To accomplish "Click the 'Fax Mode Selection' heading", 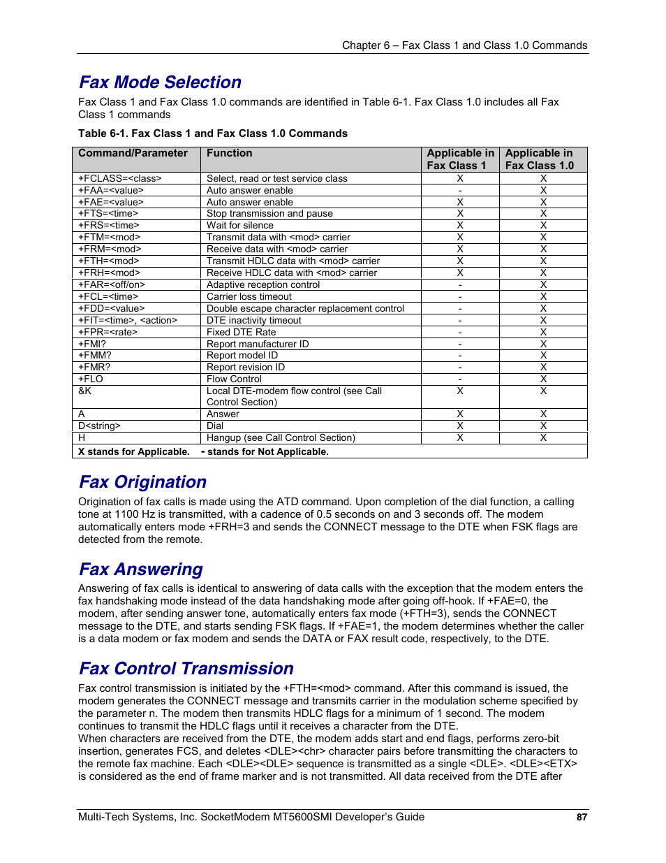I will (160, 82).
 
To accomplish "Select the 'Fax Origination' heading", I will (142, 482).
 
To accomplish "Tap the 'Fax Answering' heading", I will (140, 570).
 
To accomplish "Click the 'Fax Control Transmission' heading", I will (186, 669).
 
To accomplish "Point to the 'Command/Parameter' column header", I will (133, 153).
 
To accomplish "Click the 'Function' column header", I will (229, 153).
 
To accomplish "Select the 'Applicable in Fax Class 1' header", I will (460, 159).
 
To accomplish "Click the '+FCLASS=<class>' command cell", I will (119, 178).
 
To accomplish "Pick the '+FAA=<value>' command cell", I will (110, 190).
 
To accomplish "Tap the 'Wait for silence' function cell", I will (239, 225).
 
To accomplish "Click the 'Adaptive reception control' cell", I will (263, 284).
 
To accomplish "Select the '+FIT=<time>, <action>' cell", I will (127, 320).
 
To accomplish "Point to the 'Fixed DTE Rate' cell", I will (241, 332).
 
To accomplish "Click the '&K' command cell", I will (84, 391).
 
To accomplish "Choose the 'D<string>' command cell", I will (99, 426).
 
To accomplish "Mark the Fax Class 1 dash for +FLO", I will (460, 379).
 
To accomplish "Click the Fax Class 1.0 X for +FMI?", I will (543, 344).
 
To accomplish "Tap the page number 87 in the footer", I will (582, 817).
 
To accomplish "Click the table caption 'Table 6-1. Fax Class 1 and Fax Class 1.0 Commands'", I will (212, 133).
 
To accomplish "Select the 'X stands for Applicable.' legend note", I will (133, 451).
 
